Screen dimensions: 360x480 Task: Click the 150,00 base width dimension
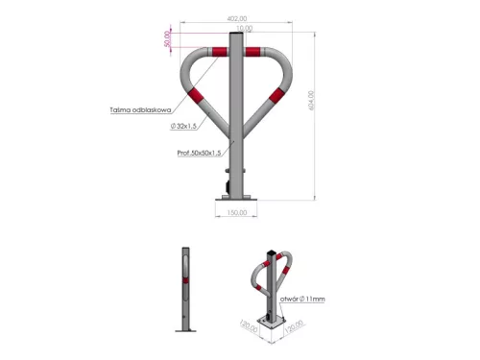(235, 213)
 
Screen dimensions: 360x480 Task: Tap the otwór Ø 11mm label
(304, 300)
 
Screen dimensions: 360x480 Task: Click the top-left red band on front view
(211, 52)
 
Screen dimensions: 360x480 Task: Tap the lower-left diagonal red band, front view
(199, 97)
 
